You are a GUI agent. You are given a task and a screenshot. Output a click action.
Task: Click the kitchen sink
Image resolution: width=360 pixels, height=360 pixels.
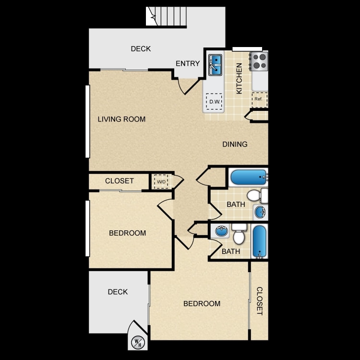215,65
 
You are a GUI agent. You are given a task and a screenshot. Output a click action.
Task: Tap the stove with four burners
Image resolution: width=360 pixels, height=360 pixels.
259,61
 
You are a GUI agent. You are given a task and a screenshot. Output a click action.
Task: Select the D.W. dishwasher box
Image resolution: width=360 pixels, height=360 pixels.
214,101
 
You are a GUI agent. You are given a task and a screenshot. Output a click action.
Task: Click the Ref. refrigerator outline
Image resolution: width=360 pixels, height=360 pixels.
259,100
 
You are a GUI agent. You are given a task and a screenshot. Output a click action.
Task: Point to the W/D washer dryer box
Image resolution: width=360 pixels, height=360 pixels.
161,181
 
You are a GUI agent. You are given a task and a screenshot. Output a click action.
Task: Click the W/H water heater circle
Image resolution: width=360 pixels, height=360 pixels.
138,343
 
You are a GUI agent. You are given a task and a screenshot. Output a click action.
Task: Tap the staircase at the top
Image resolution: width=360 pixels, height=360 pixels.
166,16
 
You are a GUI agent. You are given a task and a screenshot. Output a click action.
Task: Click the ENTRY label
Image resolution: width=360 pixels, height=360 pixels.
188,63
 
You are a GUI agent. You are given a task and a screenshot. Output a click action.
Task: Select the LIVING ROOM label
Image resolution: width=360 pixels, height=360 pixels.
121,119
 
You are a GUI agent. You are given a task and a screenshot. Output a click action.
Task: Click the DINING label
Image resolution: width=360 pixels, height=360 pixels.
235,144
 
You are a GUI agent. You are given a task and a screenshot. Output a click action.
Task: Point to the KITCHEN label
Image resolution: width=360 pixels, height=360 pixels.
239,79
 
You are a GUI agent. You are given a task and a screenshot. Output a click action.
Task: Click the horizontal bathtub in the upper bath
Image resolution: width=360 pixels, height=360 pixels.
249,177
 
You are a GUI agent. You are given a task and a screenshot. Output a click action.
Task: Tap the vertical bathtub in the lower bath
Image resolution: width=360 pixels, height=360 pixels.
259,241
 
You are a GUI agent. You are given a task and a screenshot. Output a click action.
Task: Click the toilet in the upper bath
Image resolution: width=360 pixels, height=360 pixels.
257,196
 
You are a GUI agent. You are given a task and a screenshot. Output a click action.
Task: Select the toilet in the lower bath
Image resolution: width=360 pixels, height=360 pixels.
239,234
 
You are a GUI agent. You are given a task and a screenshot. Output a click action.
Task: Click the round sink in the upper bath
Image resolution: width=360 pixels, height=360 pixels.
260,212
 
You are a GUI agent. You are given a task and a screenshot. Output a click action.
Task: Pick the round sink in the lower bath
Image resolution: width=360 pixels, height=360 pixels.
222,231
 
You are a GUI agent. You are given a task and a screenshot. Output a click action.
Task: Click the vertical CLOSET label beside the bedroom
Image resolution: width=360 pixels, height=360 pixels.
259,301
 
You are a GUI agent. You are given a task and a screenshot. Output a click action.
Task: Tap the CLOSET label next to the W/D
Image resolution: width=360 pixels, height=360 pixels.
120,181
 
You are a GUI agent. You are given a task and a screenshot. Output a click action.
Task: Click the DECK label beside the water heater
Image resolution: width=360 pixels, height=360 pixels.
118,292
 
